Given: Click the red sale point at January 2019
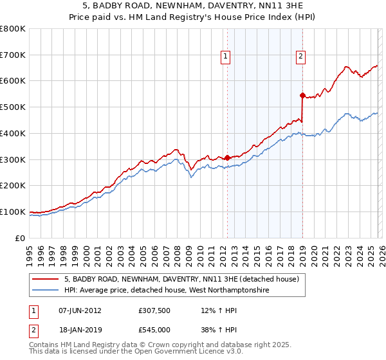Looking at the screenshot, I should pos(302,95).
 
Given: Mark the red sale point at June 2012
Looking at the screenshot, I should pos(227,157).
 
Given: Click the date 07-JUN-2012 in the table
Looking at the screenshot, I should pos(80,310).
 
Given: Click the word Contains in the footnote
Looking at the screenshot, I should pos(44,345).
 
